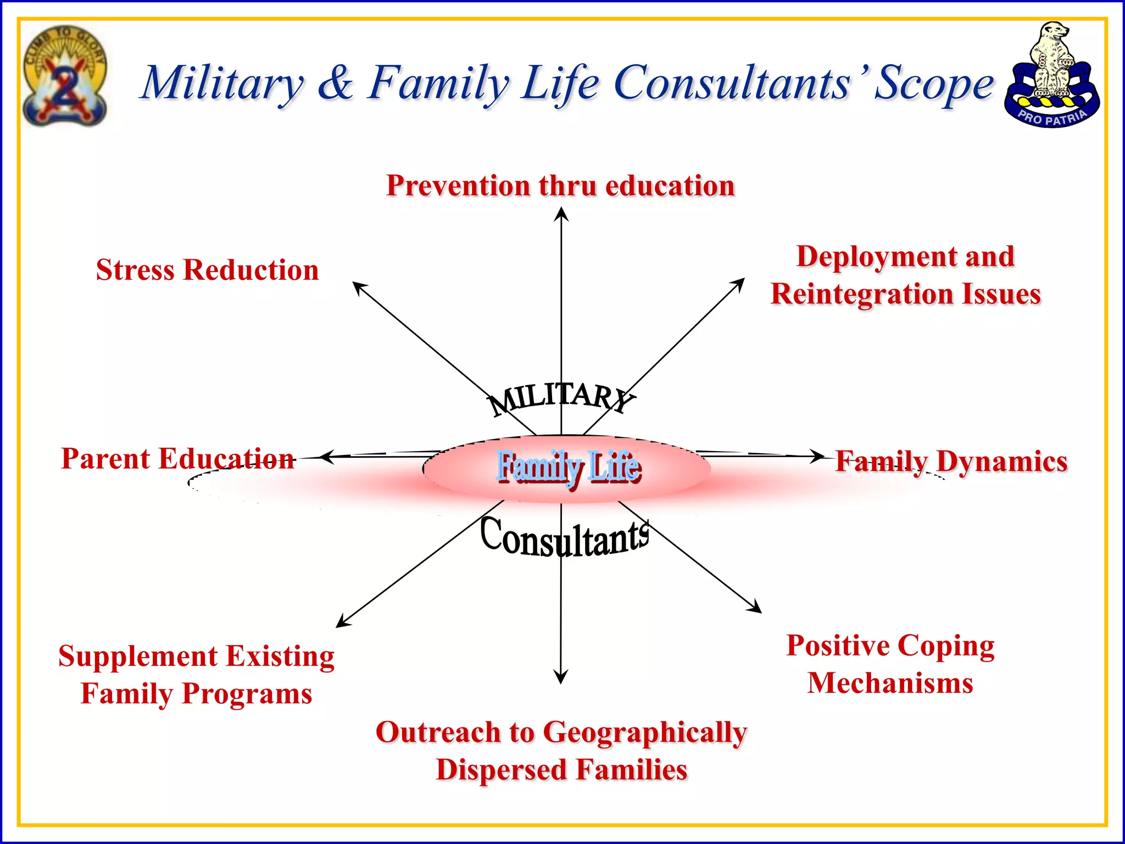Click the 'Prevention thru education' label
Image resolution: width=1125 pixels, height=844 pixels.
click(x=560, y=186)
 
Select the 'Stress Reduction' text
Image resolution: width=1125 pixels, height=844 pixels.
click(x=207, y=270)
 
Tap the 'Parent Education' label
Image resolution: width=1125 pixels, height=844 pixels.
click(x=177, y=458)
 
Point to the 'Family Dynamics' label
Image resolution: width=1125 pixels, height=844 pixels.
click(x=951, y=461)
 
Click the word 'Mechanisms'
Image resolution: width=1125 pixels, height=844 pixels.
click(x=890, y=683)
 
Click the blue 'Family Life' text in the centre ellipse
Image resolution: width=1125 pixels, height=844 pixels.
click(x=568, y=467)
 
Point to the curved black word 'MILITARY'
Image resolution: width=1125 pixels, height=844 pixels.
click(x=560, y=397)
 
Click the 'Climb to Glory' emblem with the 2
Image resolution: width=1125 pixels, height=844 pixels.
click(x=65, y=76)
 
